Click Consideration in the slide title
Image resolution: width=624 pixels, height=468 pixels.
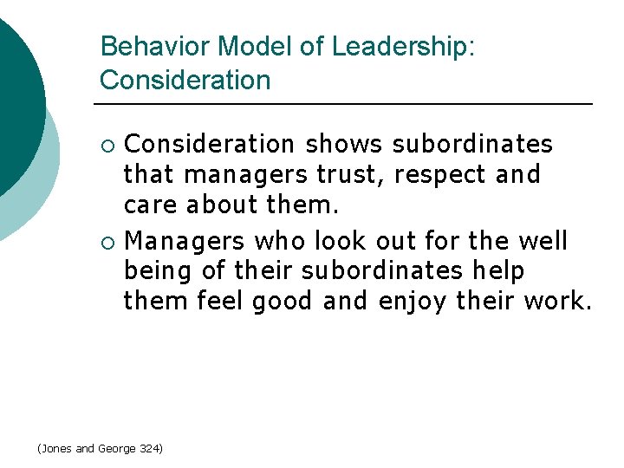click(185, 81)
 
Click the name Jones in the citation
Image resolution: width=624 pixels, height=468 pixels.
click(55, 448)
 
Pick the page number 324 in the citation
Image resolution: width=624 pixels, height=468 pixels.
click(149, 448)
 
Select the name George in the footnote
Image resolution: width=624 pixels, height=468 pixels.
click(115, 448)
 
